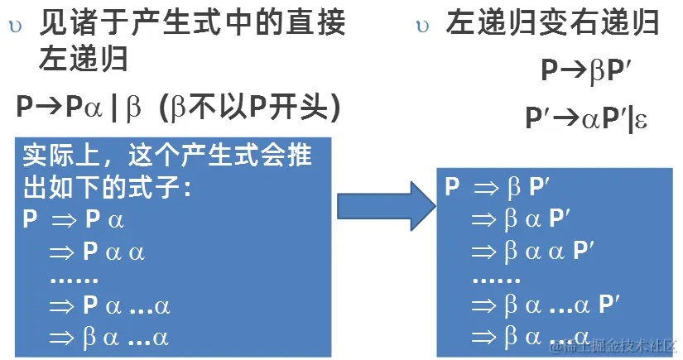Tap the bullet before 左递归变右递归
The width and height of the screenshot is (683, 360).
point(422,26)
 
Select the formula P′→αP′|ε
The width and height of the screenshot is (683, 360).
point(586,118)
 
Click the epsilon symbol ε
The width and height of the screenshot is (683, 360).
point(641,121)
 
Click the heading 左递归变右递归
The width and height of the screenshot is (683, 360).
point(553,23)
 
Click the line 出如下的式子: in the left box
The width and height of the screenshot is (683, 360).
point(108,188)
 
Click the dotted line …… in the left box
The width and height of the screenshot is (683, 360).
point(74,279)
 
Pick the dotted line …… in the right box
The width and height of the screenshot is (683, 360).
point(496,278)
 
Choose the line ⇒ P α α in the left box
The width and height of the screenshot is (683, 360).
point(97,251)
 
